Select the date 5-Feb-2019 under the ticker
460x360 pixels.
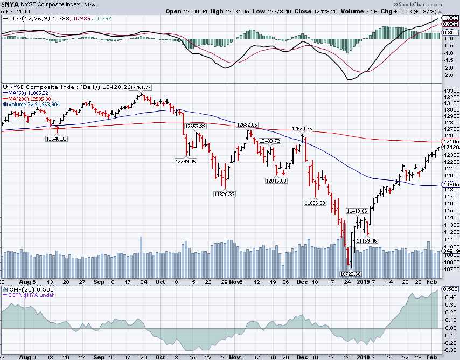click(x=15, y=11)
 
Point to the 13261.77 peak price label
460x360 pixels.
click(x=142, y=87)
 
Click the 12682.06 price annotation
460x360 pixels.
click(x=247, y=125)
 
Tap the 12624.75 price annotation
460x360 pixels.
click(x=302, y=129)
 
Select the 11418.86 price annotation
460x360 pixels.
click(x=357, y=211)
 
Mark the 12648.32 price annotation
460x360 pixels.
click(x=57, y=139)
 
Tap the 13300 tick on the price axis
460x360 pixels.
click(x=450, y=91)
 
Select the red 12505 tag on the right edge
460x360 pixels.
click(x=450, y=141)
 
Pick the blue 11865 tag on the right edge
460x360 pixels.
click(x=450, y=185)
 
